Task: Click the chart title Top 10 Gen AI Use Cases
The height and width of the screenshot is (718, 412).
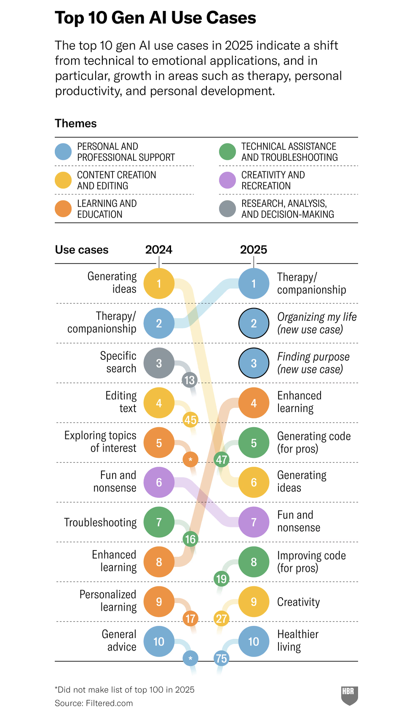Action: [x=155, y=18]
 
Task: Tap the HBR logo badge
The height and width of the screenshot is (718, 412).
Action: [x=349, y=695]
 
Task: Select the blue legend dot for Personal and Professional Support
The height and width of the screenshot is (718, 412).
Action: [x=63, y=152]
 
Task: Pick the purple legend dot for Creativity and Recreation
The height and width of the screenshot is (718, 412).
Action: [x=227, y=180]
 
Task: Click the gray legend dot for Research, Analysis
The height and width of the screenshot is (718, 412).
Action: [x=227, y=209]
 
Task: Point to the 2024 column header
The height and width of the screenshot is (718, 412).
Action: [x=159, y=250]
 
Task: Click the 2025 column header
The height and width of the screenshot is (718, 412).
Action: [x=254, y=250]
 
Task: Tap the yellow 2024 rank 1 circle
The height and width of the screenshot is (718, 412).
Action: [x=159, y=284]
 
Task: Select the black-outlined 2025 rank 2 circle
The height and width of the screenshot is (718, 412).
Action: [x=254, y=323]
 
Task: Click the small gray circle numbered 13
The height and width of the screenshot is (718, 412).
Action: [x=190, y=380]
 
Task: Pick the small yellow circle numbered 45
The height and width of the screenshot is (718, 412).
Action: [x=190, y=420]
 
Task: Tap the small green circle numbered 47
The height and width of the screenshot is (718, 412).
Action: [x=222, y=460]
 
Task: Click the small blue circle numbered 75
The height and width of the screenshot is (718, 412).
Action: [x=222, y=658]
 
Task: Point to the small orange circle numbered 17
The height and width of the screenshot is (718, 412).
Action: [x=190, y=619]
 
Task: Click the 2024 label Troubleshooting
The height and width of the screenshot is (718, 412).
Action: [x=100, y=522]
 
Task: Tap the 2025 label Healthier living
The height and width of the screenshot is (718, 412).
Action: [x=297, y=641]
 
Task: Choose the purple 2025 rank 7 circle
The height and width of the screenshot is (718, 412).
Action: [x=254, y=522]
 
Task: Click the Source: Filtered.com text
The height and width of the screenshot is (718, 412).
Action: [x=94, y=703]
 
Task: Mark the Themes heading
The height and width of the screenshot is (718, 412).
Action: [x=76, y=123]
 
